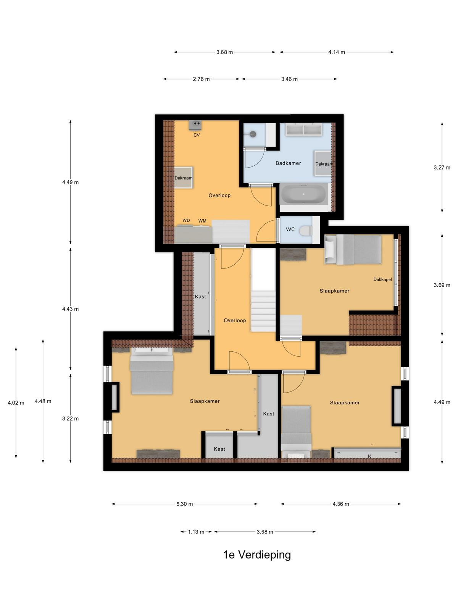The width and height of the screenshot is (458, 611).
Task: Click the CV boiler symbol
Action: [195, 125]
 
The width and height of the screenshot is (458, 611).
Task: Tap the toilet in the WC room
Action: [308, 230]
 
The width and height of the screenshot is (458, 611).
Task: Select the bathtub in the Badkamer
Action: [304, 193]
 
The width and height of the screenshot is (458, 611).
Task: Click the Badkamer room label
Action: [288, 163]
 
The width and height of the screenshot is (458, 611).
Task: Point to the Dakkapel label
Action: [382, 279]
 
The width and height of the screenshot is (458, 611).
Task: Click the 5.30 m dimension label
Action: [184, 504]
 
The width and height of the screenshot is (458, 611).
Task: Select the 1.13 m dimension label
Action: [196, 532]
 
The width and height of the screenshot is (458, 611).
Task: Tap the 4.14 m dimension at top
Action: [337, 52]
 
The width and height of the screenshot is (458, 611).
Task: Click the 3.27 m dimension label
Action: [442, 167]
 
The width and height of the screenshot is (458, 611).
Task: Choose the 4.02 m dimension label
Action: [16, 402]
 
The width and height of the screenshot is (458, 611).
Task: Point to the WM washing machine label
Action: [202, 221]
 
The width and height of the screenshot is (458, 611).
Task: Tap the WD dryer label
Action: [186, 220]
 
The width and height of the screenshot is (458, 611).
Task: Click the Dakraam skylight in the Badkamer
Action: [323, 163]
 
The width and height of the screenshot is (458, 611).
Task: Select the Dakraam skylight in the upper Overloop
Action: [184, 178]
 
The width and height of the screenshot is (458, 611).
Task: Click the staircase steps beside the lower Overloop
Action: [263, 311]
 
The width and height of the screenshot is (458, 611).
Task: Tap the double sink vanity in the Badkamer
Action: [304, 130]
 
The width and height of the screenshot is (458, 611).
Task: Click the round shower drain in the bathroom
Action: [253, 134]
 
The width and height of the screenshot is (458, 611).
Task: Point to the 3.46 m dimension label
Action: [289, 79]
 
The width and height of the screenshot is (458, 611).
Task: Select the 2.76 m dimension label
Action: [201, 79]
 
